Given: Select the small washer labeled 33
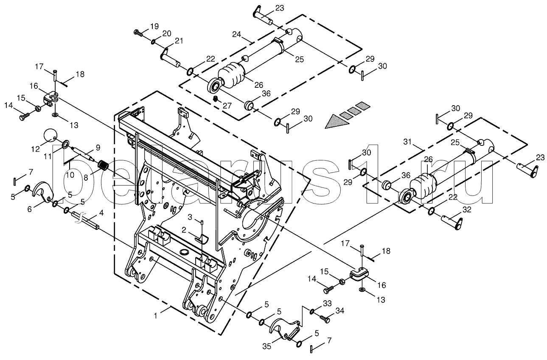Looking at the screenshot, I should click(x=312, y=312).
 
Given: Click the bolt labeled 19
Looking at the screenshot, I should click(x=139, y=32).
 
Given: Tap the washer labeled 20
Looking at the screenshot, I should click(x=153, y=42).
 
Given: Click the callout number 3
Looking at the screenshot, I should click(x=191, y=217).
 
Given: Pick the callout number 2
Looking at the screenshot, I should click(x=184, y=230).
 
